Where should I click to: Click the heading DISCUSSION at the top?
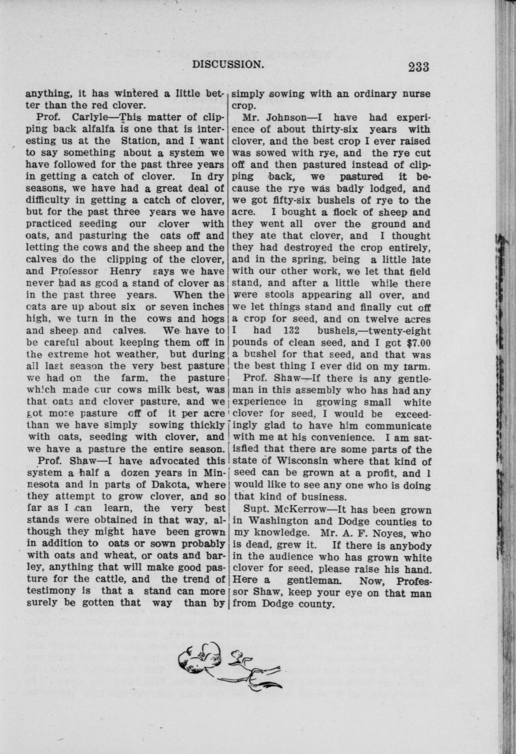pos(227,65)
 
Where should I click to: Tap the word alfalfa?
pos(97,129)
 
